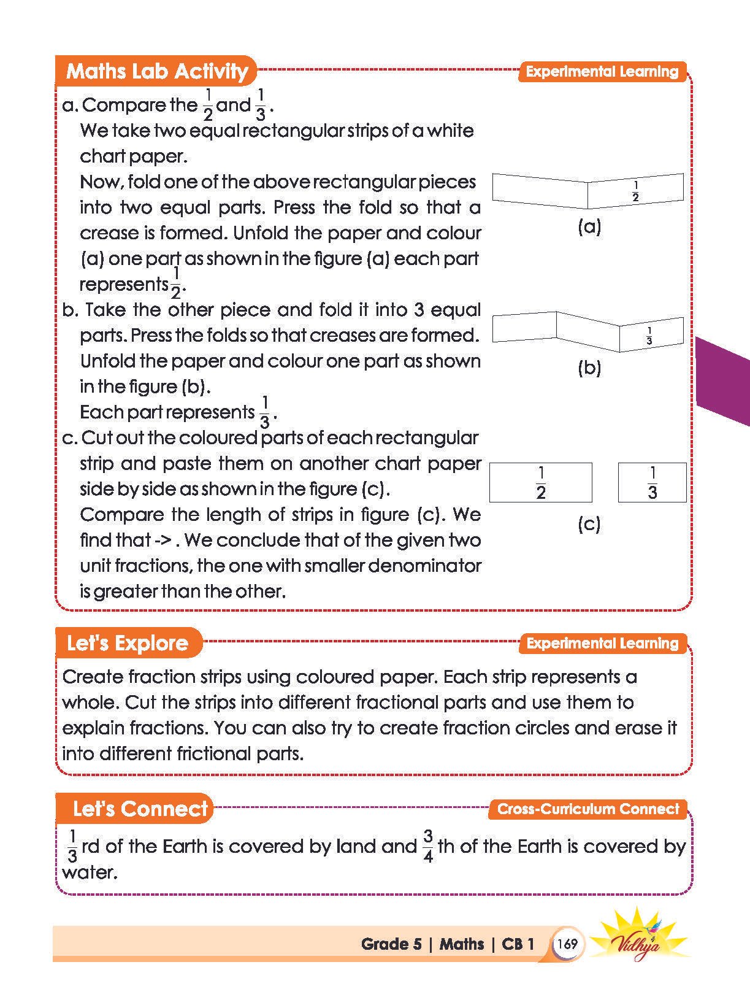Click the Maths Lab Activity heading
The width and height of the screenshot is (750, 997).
coord(156,71)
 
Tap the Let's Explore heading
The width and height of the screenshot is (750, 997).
coord(128,643)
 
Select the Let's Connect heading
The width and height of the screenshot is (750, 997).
coord(140,809)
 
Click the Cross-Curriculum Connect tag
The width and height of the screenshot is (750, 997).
coord(588,809)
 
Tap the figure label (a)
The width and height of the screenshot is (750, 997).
coord(589,228)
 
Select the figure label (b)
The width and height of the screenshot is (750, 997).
coord(589,368)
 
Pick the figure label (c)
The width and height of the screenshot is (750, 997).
coord(589,524)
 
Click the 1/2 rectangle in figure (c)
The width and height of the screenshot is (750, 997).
coord(540,483)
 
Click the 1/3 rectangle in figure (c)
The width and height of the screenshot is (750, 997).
coord(652,483)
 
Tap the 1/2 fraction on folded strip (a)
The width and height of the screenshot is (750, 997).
coord(635,191)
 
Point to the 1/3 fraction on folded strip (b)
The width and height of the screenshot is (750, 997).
coord(649,336)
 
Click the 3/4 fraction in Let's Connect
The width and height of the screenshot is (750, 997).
coord(428,847)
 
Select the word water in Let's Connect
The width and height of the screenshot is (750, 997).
coord(90,872)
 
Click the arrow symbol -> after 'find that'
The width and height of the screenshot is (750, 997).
coord(165,541)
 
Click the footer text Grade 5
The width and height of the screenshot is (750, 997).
coord(391,944)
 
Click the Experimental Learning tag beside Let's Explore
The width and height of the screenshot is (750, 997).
coord(602,644)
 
